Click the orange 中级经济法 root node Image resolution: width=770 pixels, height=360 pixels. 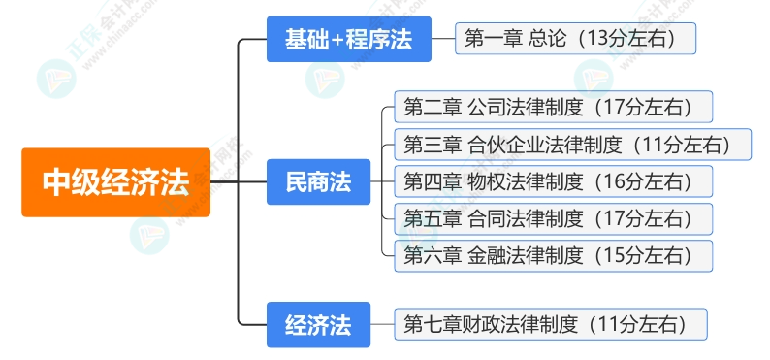pos(115,181)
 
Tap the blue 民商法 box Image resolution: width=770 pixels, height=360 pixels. pos(318,181)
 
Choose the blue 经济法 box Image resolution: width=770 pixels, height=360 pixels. pos(318,324)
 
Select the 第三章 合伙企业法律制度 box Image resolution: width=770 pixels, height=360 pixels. pos(572,145)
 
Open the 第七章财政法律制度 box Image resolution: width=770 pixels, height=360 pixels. pos(552,324)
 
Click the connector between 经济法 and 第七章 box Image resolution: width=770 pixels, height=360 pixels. pos(382,324)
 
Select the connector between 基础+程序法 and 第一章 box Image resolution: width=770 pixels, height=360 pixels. pos(445,40)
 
